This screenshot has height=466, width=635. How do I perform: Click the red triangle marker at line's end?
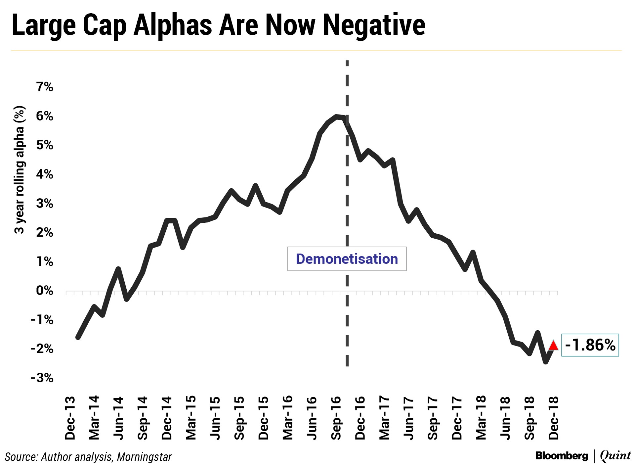coord(554,346)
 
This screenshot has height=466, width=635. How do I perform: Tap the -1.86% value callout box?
coord(590,345)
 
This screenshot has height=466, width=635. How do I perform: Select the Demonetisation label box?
coord(347,259)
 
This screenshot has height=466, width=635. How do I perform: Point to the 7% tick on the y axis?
coord(45,87)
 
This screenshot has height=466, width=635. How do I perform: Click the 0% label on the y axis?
coord(45,291)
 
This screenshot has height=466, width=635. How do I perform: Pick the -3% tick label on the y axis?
coord(42,378)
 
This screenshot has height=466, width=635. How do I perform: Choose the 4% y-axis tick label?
coord(45,174)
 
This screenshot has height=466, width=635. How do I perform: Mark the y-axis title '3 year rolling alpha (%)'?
coord(20,170)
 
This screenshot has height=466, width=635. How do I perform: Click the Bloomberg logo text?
coord(561,456)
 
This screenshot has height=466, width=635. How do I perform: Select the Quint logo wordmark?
coord(615,456)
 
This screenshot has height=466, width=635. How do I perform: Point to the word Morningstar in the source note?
coord(144,457)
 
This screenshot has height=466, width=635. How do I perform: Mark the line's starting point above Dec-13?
coord(78,337)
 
